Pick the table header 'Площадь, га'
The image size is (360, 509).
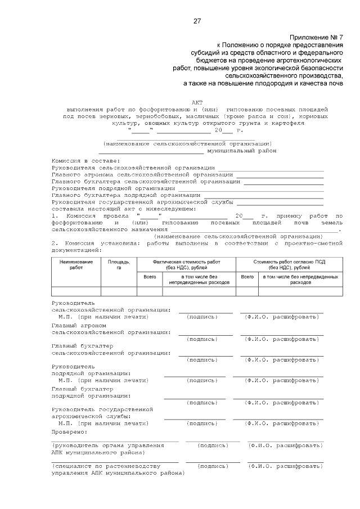[119, 264]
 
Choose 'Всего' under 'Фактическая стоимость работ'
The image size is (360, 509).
[150, 277]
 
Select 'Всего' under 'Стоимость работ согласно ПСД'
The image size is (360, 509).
[247, 277]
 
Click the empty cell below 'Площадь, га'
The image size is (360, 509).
[119, 291]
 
